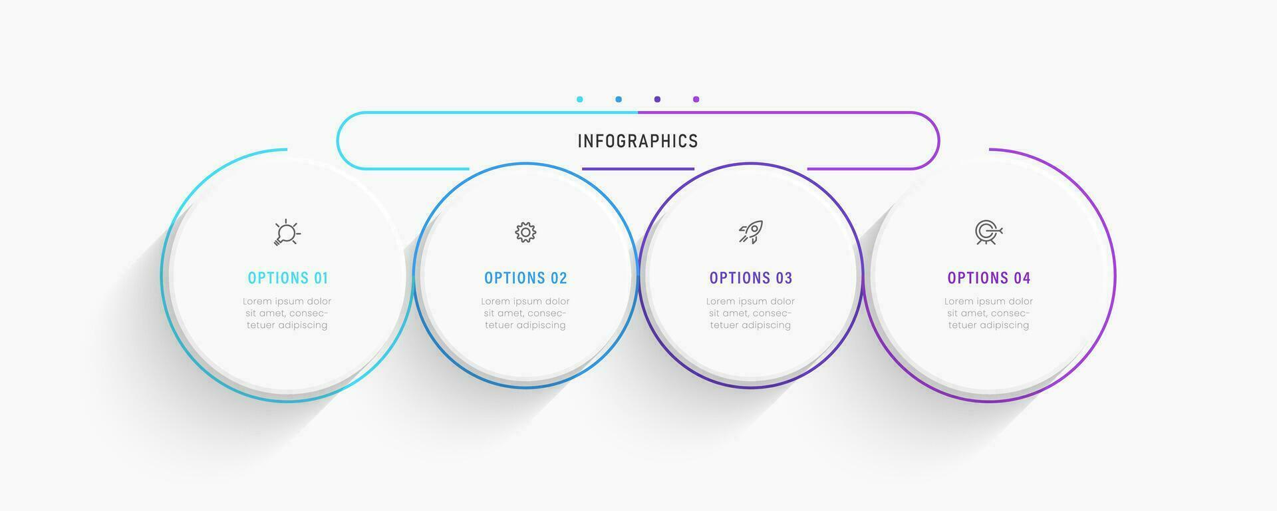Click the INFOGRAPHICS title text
(x=638, y=141)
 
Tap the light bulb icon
(x=287, y=232)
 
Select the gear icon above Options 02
(x=525, y=232)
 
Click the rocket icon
(x=750, y=232)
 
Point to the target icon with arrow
(x=989, y=232)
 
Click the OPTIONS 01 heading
(x=288, y=278)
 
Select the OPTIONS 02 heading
(x=525, y=278)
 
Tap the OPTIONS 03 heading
(x=751, y=278)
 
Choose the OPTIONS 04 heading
(x=989, y=278)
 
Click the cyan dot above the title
(x=580, y=99)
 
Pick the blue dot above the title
(x=619, y=99)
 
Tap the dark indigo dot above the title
(x=657, y=99)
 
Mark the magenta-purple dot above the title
(x=696, y=99)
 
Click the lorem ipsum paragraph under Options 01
(x=287, y=313)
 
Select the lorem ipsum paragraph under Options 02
(x=525, y=313)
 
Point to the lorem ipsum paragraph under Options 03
(x=750, y=313)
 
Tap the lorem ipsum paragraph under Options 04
(x=989, y=313)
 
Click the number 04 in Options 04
(x=1022, y=278)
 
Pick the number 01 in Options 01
(x=321, y=278)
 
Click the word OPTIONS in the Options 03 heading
(x=738, y=278)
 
